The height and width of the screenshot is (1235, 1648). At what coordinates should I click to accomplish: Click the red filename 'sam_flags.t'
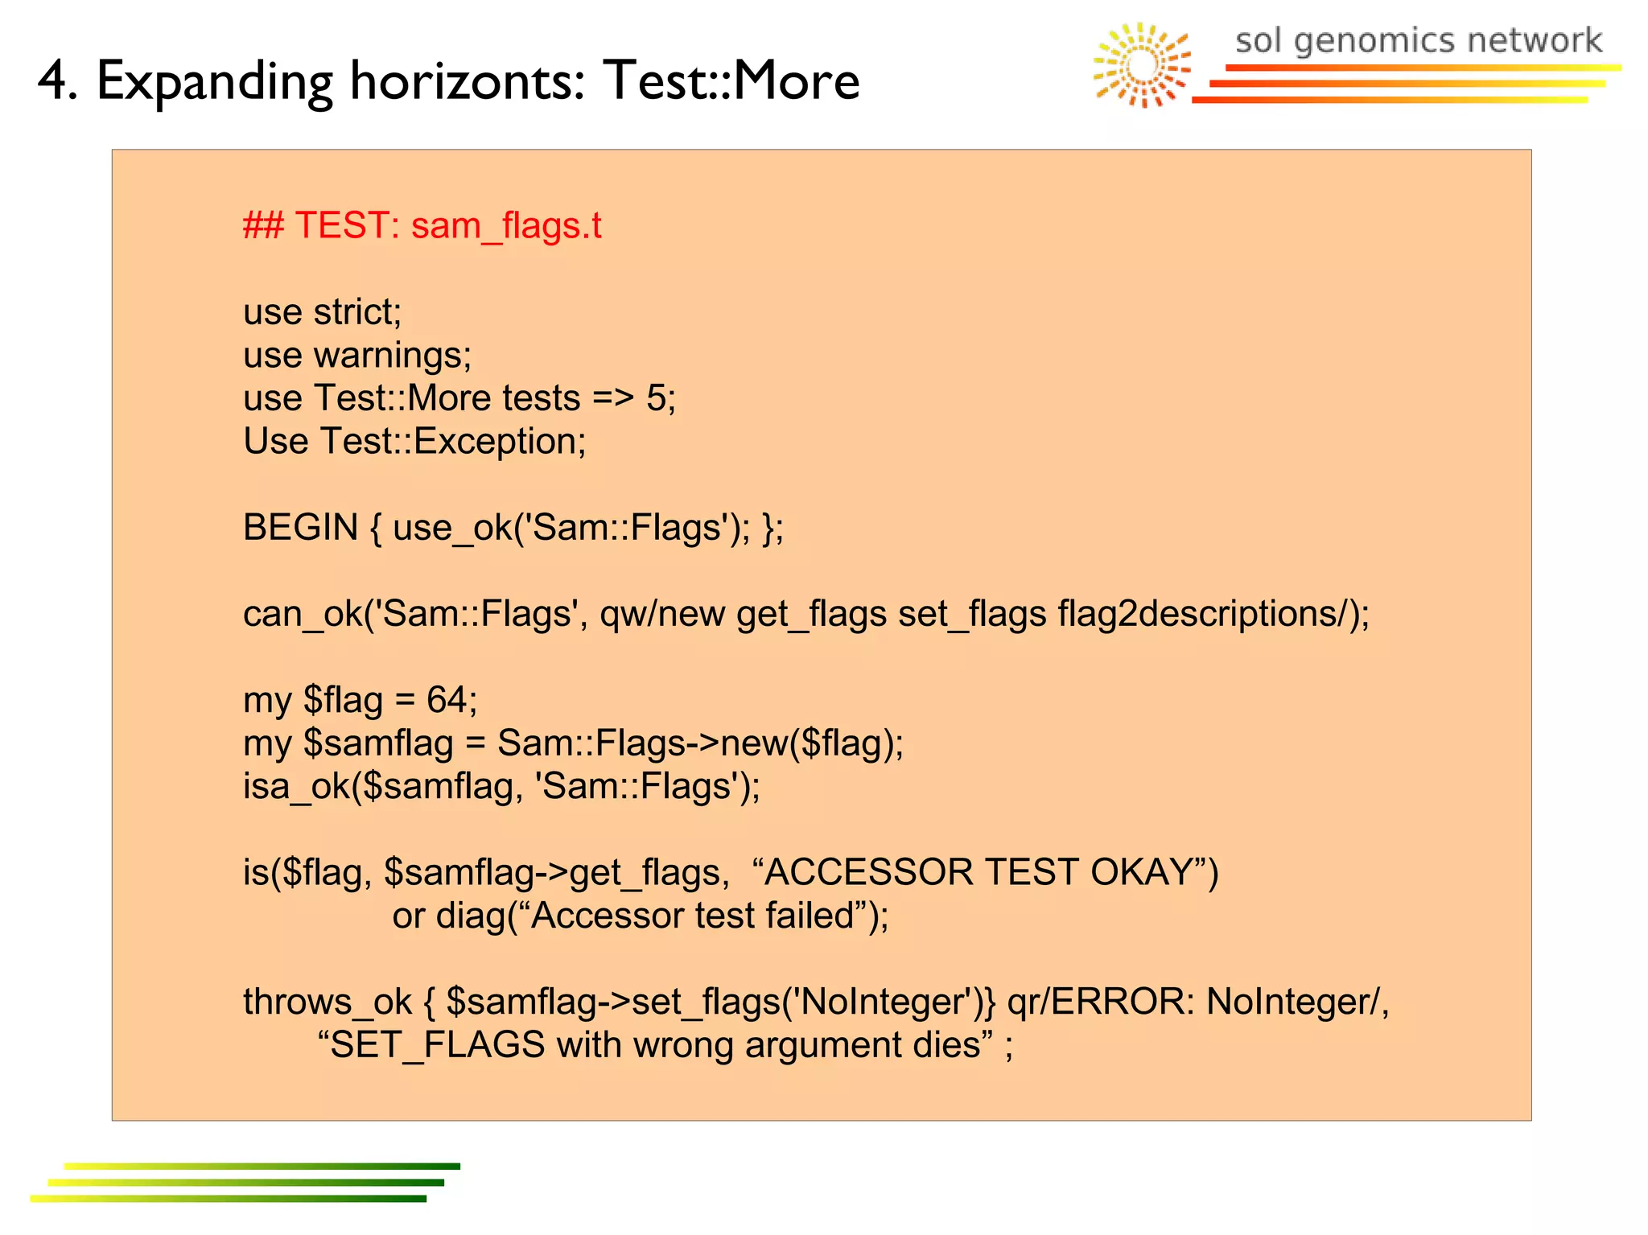pyautogui.click(x=506, y=226)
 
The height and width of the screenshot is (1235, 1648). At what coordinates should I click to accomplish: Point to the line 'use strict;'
pyautogui.click(x=322, y=312)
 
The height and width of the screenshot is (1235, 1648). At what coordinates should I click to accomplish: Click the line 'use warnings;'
pyautogui.click(x=357, y=356)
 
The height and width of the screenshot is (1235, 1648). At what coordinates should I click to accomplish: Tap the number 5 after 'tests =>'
pyautogui.click(x=656, y=398)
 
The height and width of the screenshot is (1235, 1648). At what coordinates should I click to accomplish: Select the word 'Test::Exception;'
pyautogui.click(x=453, y=442)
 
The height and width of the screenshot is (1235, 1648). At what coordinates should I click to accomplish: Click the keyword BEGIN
pyautogui.click(x=300, y=528)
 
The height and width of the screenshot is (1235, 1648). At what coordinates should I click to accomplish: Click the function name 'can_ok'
pyautogui.click(x=302, y=614)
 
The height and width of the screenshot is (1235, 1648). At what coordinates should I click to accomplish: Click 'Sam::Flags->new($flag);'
pyautogui.click(x=700, y=743)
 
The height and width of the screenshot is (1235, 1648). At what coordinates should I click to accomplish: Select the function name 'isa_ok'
pyautogui.click(x=296, y=786)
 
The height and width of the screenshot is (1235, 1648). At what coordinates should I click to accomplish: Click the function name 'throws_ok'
pyautogui.click(x=328, y=1002)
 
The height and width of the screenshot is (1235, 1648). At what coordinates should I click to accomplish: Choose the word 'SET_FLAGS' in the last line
pyautogui.click(x=438, y=1045)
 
